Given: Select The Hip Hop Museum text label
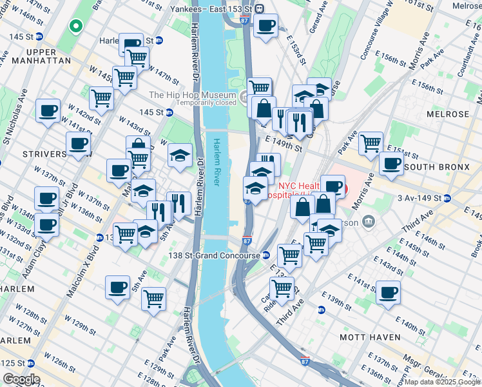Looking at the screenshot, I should pyautogui.click(x=191, y=95).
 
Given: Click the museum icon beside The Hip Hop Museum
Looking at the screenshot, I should pyautogui.click(x=244, y=98).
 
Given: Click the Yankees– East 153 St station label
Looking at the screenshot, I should pyautogui.click(x=211, y=8).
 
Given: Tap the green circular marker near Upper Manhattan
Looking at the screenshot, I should pyautogui.click(x=76, y=26).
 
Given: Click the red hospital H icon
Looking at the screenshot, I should pyautogui.click(x=343, y=190).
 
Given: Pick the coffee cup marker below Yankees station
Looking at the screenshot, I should pyautogui.click(x=265, y=25).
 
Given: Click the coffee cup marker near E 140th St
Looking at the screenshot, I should pyautogui.click(x=388, y=292).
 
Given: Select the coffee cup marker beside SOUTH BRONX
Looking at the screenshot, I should pyautogui.click(x=391, y=163).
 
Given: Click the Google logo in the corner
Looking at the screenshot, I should pyautogui.click(x=21, y=379).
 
